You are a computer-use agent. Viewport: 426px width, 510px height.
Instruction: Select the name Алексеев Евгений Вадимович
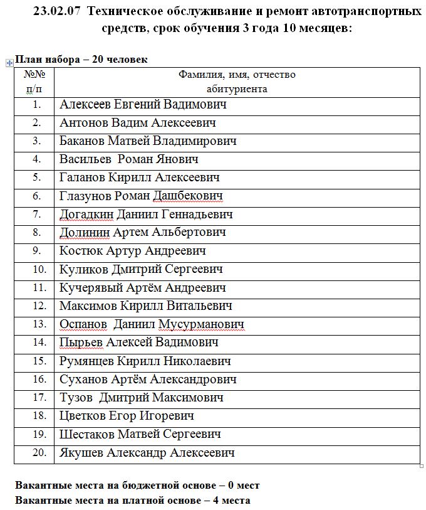(x=143, y=105)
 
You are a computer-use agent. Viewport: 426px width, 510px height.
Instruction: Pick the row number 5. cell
(x=36, y=178)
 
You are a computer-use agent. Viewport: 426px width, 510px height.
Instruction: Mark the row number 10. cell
(x=39, y=269)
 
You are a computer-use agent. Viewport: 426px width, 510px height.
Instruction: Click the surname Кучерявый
(x=91, y=288)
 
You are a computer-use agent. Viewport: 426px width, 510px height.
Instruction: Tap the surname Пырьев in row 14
(x=81, y=343)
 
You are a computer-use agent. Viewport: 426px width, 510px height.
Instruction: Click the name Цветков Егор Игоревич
(x=127, y=416)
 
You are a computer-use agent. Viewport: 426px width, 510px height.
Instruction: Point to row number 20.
(x=39, y=452)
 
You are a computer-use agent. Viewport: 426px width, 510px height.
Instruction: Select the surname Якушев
(x=81, y=452)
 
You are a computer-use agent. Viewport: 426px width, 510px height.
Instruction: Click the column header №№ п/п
(x=34, y=82)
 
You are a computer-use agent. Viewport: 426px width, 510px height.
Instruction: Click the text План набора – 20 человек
(x=81, y=60)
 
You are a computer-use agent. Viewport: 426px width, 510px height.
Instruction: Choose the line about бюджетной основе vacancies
(x=137, y=486)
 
